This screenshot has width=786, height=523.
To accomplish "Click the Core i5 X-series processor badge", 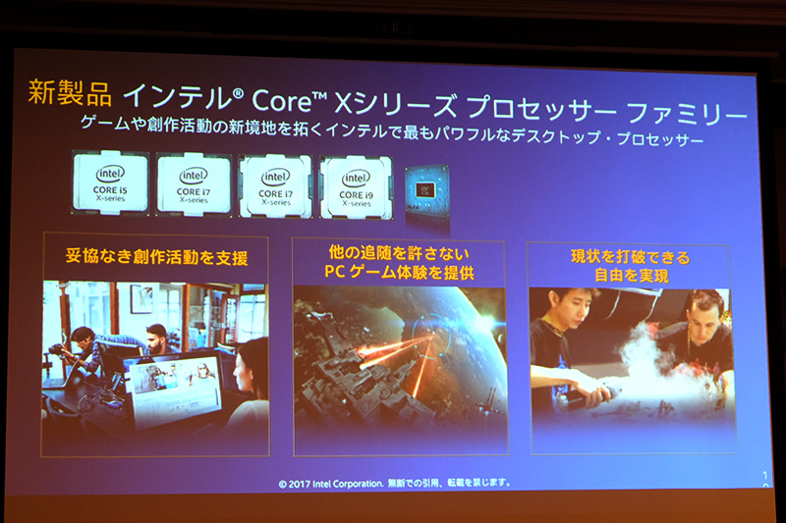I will (x=110, y=182).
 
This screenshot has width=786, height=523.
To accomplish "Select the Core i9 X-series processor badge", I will (x=356, y=185).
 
